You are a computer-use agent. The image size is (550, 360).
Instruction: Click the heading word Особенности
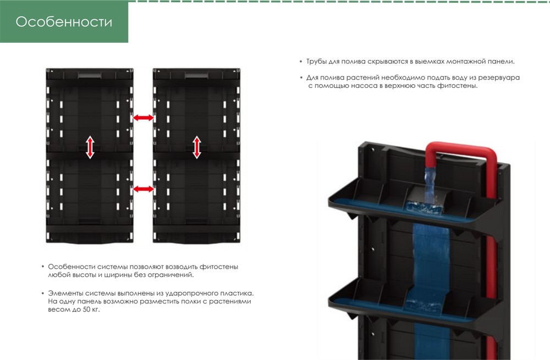tap(64, 22)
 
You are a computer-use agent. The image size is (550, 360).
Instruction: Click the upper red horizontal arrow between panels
tap(143, 118)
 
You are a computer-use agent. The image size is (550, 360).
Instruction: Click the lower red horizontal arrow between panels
tap(143, 189)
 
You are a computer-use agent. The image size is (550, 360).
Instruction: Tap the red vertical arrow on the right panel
tap(196, 147)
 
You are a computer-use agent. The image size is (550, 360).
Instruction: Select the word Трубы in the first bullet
tap(318, 62)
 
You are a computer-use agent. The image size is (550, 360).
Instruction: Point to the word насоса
tap(361, 86)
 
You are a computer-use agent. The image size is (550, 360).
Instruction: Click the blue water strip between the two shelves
tap(432, 247)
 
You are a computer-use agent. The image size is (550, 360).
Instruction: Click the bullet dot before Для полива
tap(301, 78)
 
